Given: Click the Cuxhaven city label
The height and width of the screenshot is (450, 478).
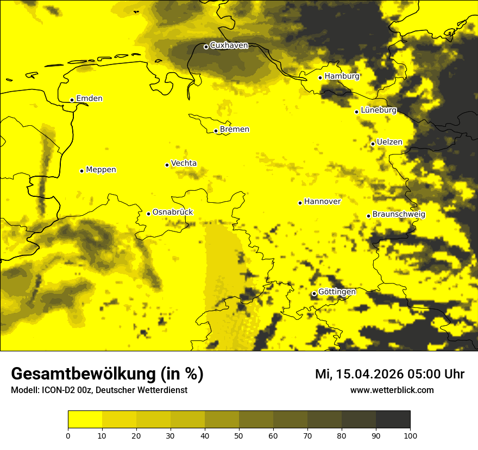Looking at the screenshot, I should (229, 46).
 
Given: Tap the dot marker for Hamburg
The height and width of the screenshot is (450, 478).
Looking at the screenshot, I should (320, 78).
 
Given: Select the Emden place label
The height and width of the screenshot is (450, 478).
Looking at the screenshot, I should (89, 99).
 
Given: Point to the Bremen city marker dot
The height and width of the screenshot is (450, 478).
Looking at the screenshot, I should (216, 131).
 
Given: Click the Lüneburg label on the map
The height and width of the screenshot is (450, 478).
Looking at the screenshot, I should (379, 111).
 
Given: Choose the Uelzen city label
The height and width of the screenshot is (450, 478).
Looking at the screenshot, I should (389, 143).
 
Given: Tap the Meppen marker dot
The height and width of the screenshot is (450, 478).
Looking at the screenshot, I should (81, 171).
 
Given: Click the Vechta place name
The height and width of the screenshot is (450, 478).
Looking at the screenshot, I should (184, 163).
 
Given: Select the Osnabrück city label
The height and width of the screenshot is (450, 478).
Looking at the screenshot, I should (173, 212).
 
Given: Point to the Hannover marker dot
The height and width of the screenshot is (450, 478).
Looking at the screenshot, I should (300, 203).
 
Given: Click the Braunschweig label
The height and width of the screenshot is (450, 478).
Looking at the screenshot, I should (399, 215).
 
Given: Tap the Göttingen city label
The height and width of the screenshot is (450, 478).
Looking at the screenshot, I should (337, 292).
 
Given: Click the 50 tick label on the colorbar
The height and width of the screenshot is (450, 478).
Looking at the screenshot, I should (239, 435).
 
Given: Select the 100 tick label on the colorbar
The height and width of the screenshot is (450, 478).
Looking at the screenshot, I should (410, 435).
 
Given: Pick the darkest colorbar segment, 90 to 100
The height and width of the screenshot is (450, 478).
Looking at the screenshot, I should (393, 420).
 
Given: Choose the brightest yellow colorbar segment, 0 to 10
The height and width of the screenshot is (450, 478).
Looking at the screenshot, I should (85, 420).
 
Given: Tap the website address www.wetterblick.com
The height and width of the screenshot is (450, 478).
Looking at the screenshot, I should (392, 390).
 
